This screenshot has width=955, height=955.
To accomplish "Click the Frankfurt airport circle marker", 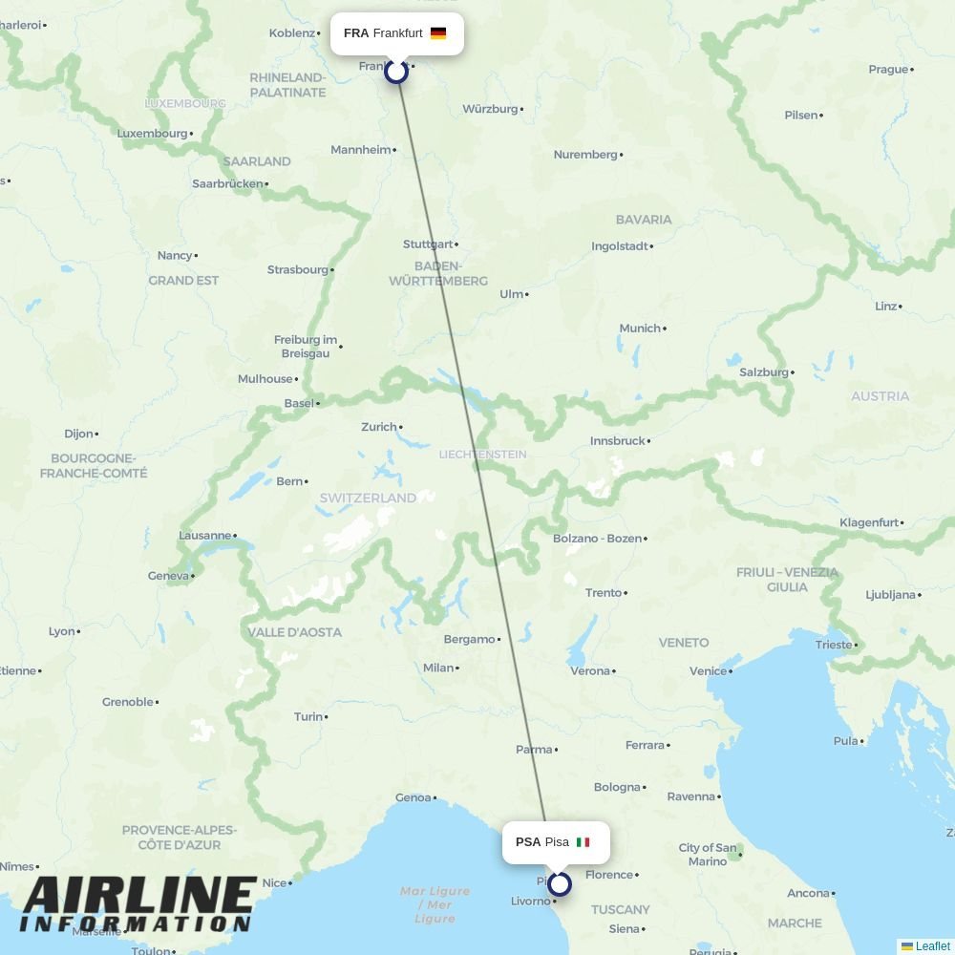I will [x=396, y=71].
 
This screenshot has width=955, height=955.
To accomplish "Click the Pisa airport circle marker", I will [x=560, y=884].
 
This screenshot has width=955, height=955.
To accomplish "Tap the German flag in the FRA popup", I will [x=438, y=33].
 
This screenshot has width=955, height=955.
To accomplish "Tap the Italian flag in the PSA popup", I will [x=583, y=842].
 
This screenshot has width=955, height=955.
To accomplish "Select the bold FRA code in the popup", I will [x=356, y=33].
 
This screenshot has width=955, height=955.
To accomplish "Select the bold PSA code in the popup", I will [x=528, y=842].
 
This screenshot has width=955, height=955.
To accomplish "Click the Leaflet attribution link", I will [x=932, y=946].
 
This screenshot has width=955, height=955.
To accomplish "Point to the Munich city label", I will [x=640, y=329].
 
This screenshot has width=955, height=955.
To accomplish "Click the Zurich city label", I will [x=378, y=427].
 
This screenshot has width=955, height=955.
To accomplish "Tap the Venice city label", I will [x=708, y=671].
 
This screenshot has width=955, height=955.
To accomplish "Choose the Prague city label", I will [x=888, y=69].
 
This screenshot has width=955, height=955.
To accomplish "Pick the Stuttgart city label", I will [x=428, y=244].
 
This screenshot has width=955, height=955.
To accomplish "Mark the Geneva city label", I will [x=168, y=576].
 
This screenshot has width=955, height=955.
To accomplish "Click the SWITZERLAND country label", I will [x=368, y=498].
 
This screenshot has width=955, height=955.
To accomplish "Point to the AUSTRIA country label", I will [x=880, y=396].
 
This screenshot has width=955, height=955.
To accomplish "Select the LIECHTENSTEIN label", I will [x=482, y=455].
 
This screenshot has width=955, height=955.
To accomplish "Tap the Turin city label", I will [x=308, y=716].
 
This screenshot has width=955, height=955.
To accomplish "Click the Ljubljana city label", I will [x=890, y=594].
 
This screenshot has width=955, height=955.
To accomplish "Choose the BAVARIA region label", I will [x=644, y=220].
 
